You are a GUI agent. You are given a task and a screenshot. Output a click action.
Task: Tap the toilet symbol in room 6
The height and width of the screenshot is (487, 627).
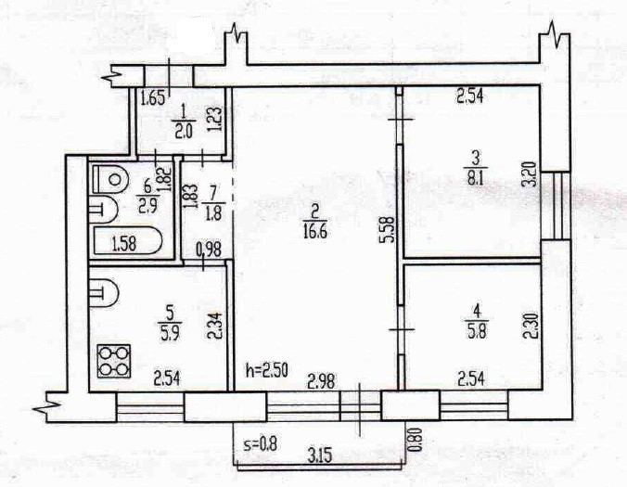[x=110, y=176]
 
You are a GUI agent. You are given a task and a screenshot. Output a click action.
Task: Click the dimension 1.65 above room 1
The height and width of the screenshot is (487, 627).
[x=152, y=96]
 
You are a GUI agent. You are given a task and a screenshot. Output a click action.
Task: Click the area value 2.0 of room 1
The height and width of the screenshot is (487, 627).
[x=183, y=131]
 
